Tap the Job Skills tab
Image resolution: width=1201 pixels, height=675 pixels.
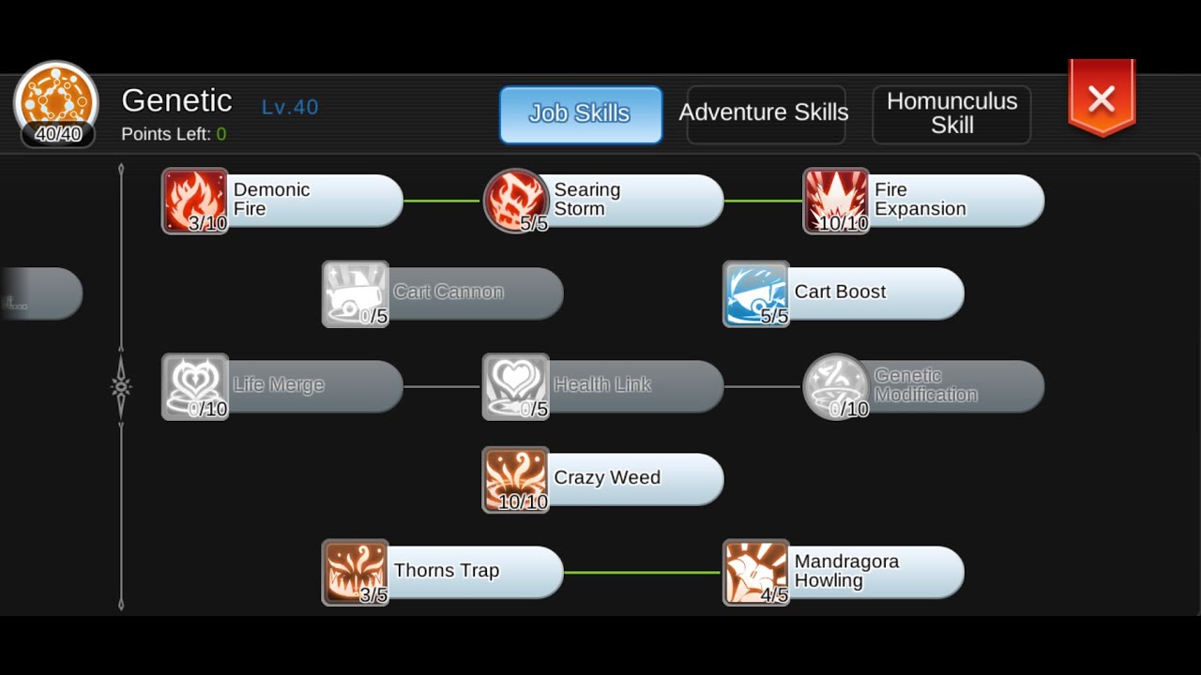[x=581, y=114]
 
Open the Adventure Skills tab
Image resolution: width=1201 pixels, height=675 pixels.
[x=766, y=114]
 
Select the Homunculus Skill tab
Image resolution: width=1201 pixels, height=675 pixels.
[x=951, y=114]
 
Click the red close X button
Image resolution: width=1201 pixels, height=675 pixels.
[x=1102, y=98]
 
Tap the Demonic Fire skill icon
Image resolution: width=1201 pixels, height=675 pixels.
[x=195, y=201]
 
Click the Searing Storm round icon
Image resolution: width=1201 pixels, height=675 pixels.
[x=516, y=201]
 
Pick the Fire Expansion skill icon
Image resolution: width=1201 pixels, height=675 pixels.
[x=836, y=201]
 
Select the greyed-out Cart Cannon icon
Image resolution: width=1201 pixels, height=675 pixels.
[x=356, y=294]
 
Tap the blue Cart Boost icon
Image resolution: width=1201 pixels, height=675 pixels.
[x=756, y=294]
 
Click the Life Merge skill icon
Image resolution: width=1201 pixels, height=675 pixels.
[x=195, y=387]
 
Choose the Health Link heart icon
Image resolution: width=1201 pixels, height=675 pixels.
[x=516, y=387]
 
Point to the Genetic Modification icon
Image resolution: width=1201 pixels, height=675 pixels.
[x=836, y=387]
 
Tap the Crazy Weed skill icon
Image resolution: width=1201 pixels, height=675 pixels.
[x=516, y=479]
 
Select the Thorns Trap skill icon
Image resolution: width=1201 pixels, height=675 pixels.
[x=356, y=573]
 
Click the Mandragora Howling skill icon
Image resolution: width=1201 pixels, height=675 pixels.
[x=756, y=573]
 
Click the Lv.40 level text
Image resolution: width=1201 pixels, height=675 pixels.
[x=290, y=107]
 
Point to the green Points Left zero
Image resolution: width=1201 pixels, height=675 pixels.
[x=221, y=134]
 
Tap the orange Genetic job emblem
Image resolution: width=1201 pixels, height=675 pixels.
[x=56, y=102]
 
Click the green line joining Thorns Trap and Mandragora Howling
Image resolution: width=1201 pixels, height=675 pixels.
[x=643, y=573]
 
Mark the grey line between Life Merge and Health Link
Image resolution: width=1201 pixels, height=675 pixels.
[x=442, y=387]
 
